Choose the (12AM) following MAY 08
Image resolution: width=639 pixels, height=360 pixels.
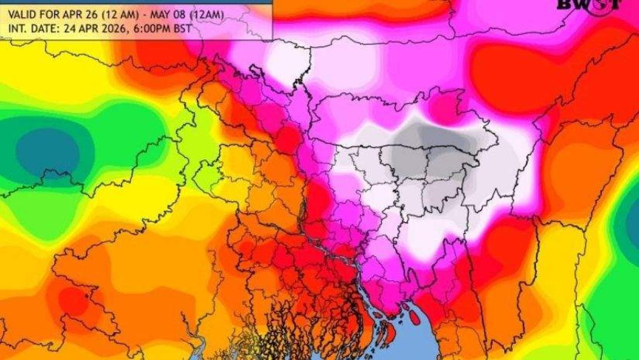pos(203,15)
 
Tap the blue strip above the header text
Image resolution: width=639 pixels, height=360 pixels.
pos(134,2)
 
